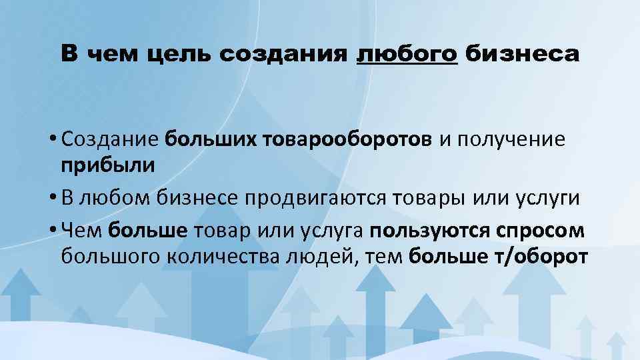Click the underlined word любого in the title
coord(407,54)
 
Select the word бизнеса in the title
coord(522,54)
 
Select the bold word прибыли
coord(108,165)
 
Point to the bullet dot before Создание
coord(51,141)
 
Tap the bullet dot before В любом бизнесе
coord(51,198)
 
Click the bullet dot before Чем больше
coord(51,231)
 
